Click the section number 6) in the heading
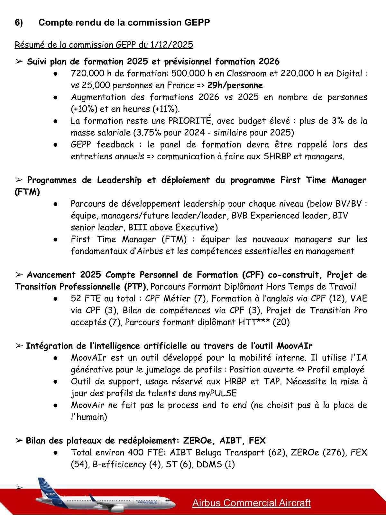click(19, 23)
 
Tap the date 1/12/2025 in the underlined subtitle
click(171, 44)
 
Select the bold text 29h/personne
click(235, 85)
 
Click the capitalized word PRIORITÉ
click(190, 121)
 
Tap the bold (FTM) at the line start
click(27, 192)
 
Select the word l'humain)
click(89, 417)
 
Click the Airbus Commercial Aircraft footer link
click(251, 503)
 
